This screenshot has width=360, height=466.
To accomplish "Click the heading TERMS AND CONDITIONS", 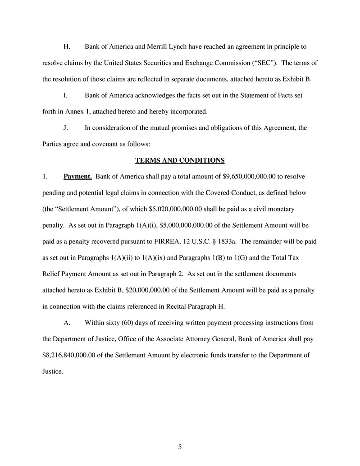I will tap(180, 160).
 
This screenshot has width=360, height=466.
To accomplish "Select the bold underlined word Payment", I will tap(77, 176).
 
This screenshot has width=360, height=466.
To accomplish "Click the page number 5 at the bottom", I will tap(180, 447).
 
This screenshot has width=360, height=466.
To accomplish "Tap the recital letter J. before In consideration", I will tap(65, 128).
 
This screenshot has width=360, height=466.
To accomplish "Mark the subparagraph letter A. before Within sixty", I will tap(66, 323).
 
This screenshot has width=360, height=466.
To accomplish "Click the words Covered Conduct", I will tap(221, 192).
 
